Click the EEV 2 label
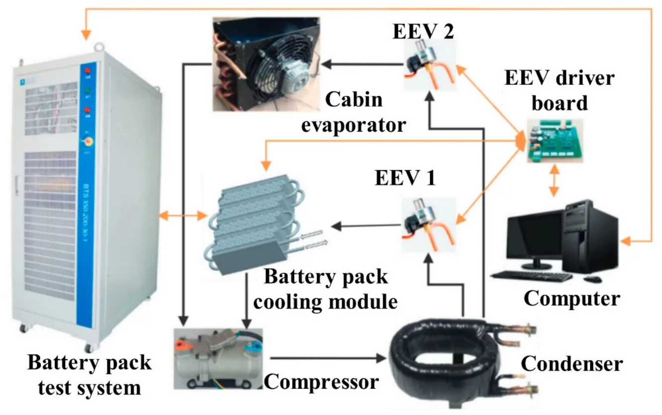click(423, 32)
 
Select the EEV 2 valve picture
click(428, 66)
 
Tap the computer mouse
click(592, 279)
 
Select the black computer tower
click(590, 236)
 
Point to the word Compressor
click(322, 382)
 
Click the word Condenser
click(572, 364)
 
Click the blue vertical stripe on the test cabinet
click(88, 199)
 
